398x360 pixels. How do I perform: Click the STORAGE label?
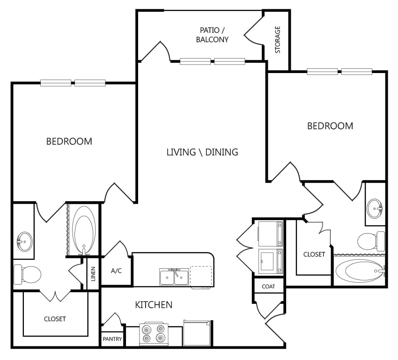click(278, 40)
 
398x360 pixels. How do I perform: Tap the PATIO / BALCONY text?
click(212, 35)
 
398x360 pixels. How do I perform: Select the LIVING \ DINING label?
click(202, 152)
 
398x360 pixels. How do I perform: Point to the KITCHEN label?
click(154, 304)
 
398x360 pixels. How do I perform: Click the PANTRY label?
click(112, 338)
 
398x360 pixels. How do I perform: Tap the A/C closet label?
click(116, 271)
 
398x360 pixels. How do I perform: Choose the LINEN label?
click(93, 274)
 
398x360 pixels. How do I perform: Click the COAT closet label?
click(268, 287)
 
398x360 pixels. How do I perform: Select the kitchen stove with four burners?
click(154, 334)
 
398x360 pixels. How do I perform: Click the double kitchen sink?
click(174, 277)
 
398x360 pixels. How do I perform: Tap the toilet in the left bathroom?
click(27, 274)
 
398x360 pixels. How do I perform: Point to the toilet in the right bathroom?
click(371, 241)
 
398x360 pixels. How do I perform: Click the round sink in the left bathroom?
click(25, 242)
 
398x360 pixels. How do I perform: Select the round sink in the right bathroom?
click(375, 208)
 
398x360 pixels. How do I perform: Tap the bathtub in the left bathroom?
click(83, 230)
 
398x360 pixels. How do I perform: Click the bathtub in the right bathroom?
click(361, 271)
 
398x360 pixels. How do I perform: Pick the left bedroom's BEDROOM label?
click(69, 141)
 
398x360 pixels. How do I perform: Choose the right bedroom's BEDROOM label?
click(330, 126)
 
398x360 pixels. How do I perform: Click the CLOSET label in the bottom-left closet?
click(55, 319)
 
